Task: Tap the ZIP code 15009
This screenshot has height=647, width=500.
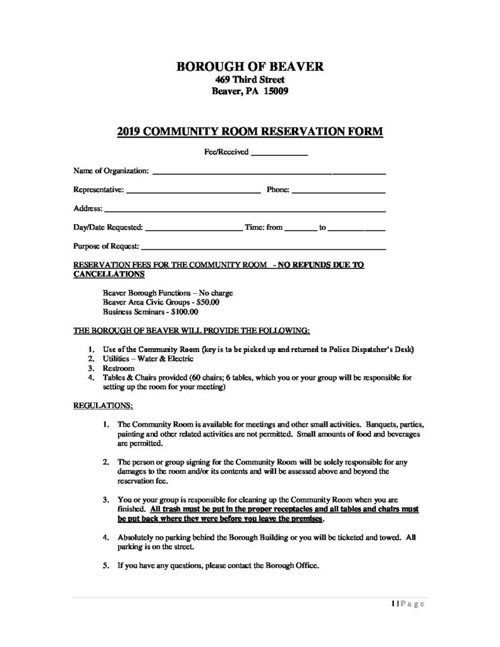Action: [x=276, y=91]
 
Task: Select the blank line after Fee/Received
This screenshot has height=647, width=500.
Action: [x=279, y=154]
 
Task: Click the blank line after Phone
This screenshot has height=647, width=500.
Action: [x=338, y=190]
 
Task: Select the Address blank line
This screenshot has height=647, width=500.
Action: [x=245, y=209]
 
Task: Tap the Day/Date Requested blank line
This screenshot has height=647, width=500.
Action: [x=193, y=228]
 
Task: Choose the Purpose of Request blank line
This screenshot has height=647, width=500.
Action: [x=263, y=247]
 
